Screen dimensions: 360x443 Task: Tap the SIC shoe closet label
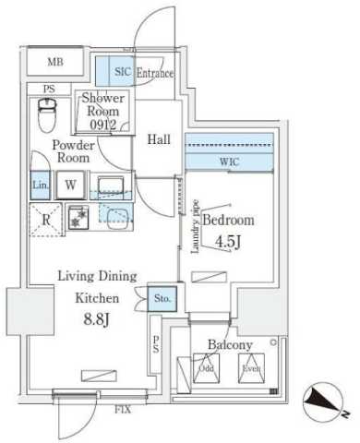pos(123,72)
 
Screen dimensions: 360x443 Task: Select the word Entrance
pos(155,73)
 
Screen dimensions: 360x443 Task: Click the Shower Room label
pos(102,108)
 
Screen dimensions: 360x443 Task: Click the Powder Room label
pos(71,150)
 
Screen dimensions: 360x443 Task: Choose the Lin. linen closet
pos(40,185)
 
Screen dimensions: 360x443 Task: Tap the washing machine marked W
pos(70,184)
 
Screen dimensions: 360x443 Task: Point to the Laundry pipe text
pos(197,224)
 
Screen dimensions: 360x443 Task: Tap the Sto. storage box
pos(162,298)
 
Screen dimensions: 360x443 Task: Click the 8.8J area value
pos(96,322)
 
